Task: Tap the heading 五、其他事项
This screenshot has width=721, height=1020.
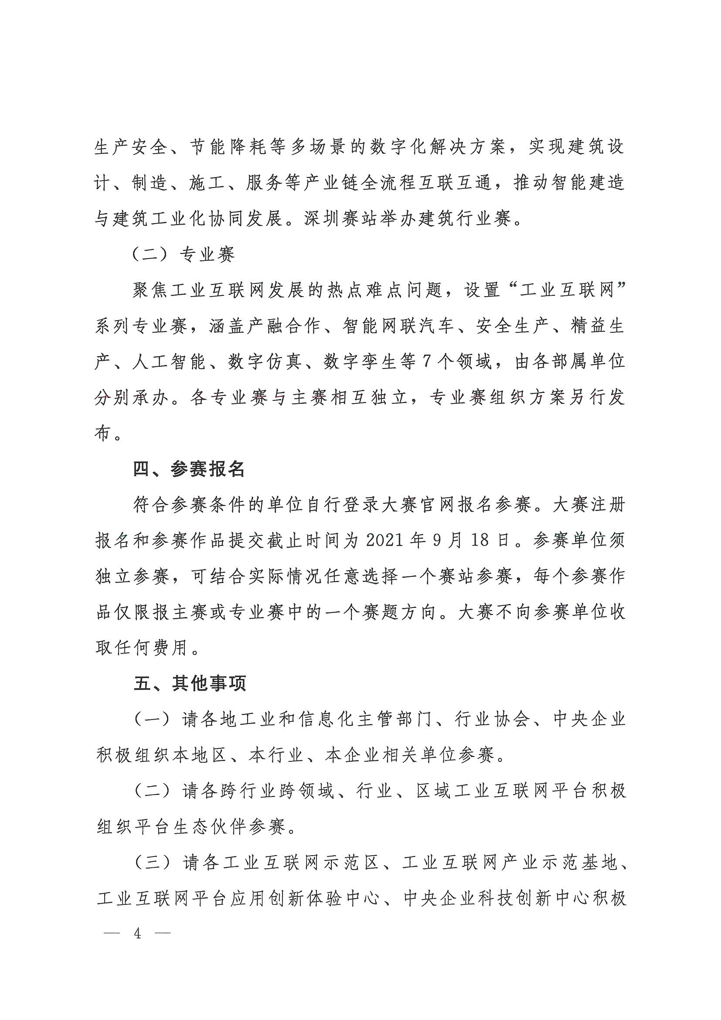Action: coord(190,684)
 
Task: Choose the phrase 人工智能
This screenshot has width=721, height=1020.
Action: coord(169,362)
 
